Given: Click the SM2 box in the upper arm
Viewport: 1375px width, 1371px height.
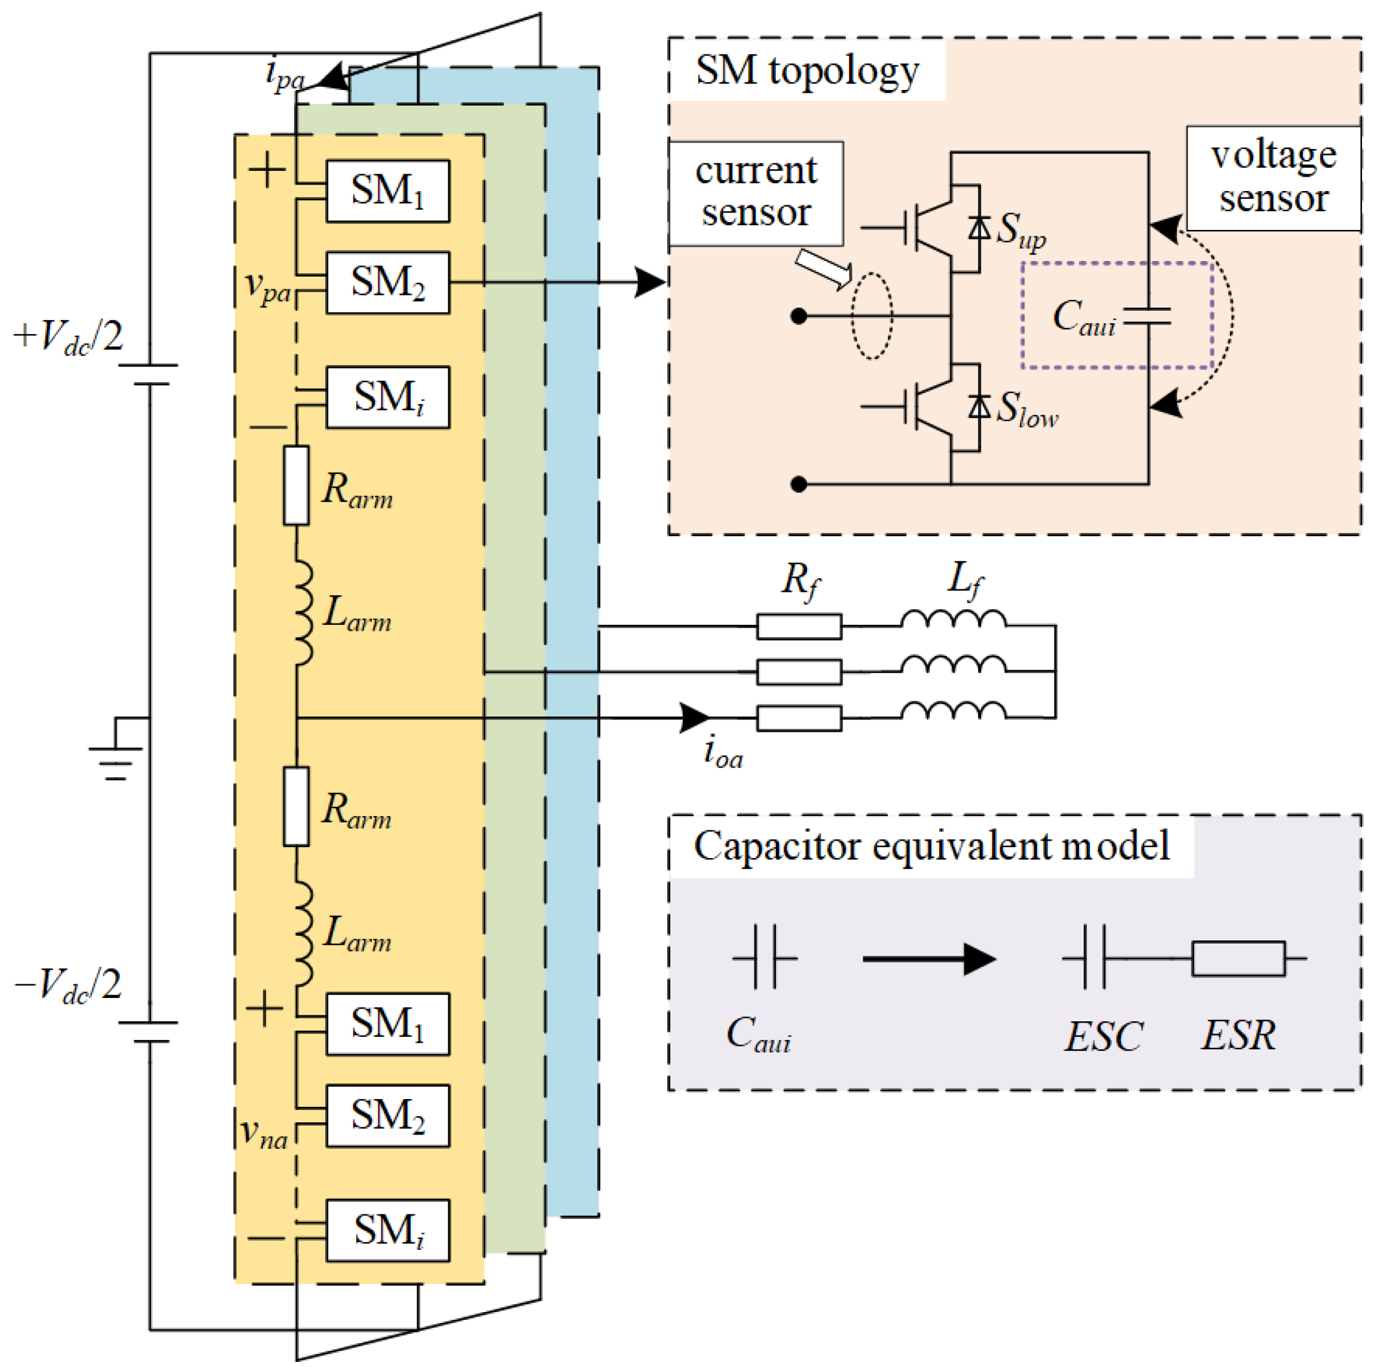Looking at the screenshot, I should click(387, 282).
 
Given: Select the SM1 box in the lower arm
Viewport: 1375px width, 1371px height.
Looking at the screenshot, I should click(387, 1024).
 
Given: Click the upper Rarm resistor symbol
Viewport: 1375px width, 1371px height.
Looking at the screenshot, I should click(296, 485).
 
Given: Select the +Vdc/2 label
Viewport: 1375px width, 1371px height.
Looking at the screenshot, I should click(68, 337).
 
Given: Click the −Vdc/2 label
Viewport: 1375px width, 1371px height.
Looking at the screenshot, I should click(68, 986).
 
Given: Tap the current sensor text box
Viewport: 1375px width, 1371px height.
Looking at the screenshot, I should click(756, 193).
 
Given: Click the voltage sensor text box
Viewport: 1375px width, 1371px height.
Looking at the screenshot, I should click(1273, 178).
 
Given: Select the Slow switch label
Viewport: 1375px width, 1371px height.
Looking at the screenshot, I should click(1027, 411).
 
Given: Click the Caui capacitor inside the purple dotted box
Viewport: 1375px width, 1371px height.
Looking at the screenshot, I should click(1146, 316).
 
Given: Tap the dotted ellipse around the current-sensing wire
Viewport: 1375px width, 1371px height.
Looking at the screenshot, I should click(872, 316).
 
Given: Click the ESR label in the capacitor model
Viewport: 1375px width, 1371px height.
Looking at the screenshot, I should click(1238, 1035).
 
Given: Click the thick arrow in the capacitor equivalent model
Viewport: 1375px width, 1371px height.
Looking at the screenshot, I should click(929, 959).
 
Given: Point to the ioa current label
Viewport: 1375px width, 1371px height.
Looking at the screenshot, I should click(723, 752).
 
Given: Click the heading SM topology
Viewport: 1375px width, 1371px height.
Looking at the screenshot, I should click(807, 71).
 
